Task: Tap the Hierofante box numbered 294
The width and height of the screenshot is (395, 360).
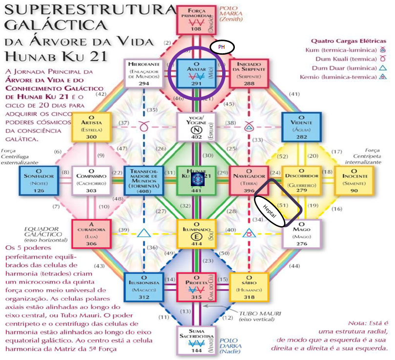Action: (x=144, y=73)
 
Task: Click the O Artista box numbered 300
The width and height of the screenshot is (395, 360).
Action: (x=90, y=127)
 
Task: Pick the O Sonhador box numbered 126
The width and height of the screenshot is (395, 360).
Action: (x=39, y=179)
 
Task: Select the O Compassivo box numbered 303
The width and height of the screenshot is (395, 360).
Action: (x=90, y=179)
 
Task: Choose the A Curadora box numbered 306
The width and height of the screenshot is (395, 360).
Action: (x=90, y=233)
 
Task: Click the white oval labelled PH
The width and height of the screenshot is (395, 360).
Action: (x=222, y=47)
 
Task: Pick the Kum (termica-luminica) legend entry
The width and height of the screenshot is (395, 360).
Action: (x=346, y=50)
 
